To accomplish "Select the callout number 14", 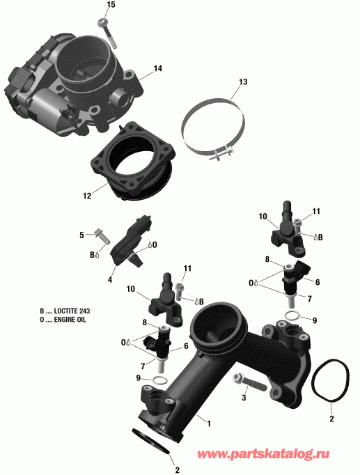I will (x=158, y=68).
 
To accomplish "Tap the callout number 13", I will (x=243, y=82).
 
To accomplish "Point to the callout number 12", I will (x=87, y=196).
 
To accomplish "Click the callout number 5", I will (x=81, y=234).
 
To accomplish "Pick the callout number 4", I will (x=111, y=280).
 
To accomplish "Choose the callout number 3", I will (x=244, y=398).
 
